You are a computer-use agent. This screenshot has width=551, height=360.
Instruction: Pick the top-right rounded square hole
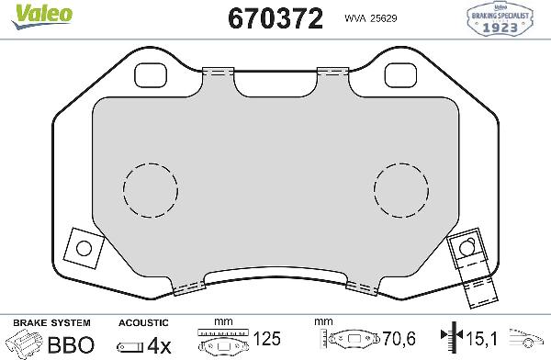pos(399,73)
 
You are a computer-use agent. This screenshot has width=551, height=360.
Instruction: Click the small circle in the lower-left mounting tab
pos(84,248)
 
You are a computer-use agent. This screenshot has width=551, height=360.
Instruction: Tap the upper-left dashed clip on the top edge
pos(217,71)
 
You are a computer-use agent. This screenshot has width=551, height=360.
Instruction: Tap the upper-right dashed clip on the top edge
pos(330,71)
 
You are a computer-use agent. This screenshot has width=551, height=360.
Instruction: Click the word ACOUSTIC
pos(144,323)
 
